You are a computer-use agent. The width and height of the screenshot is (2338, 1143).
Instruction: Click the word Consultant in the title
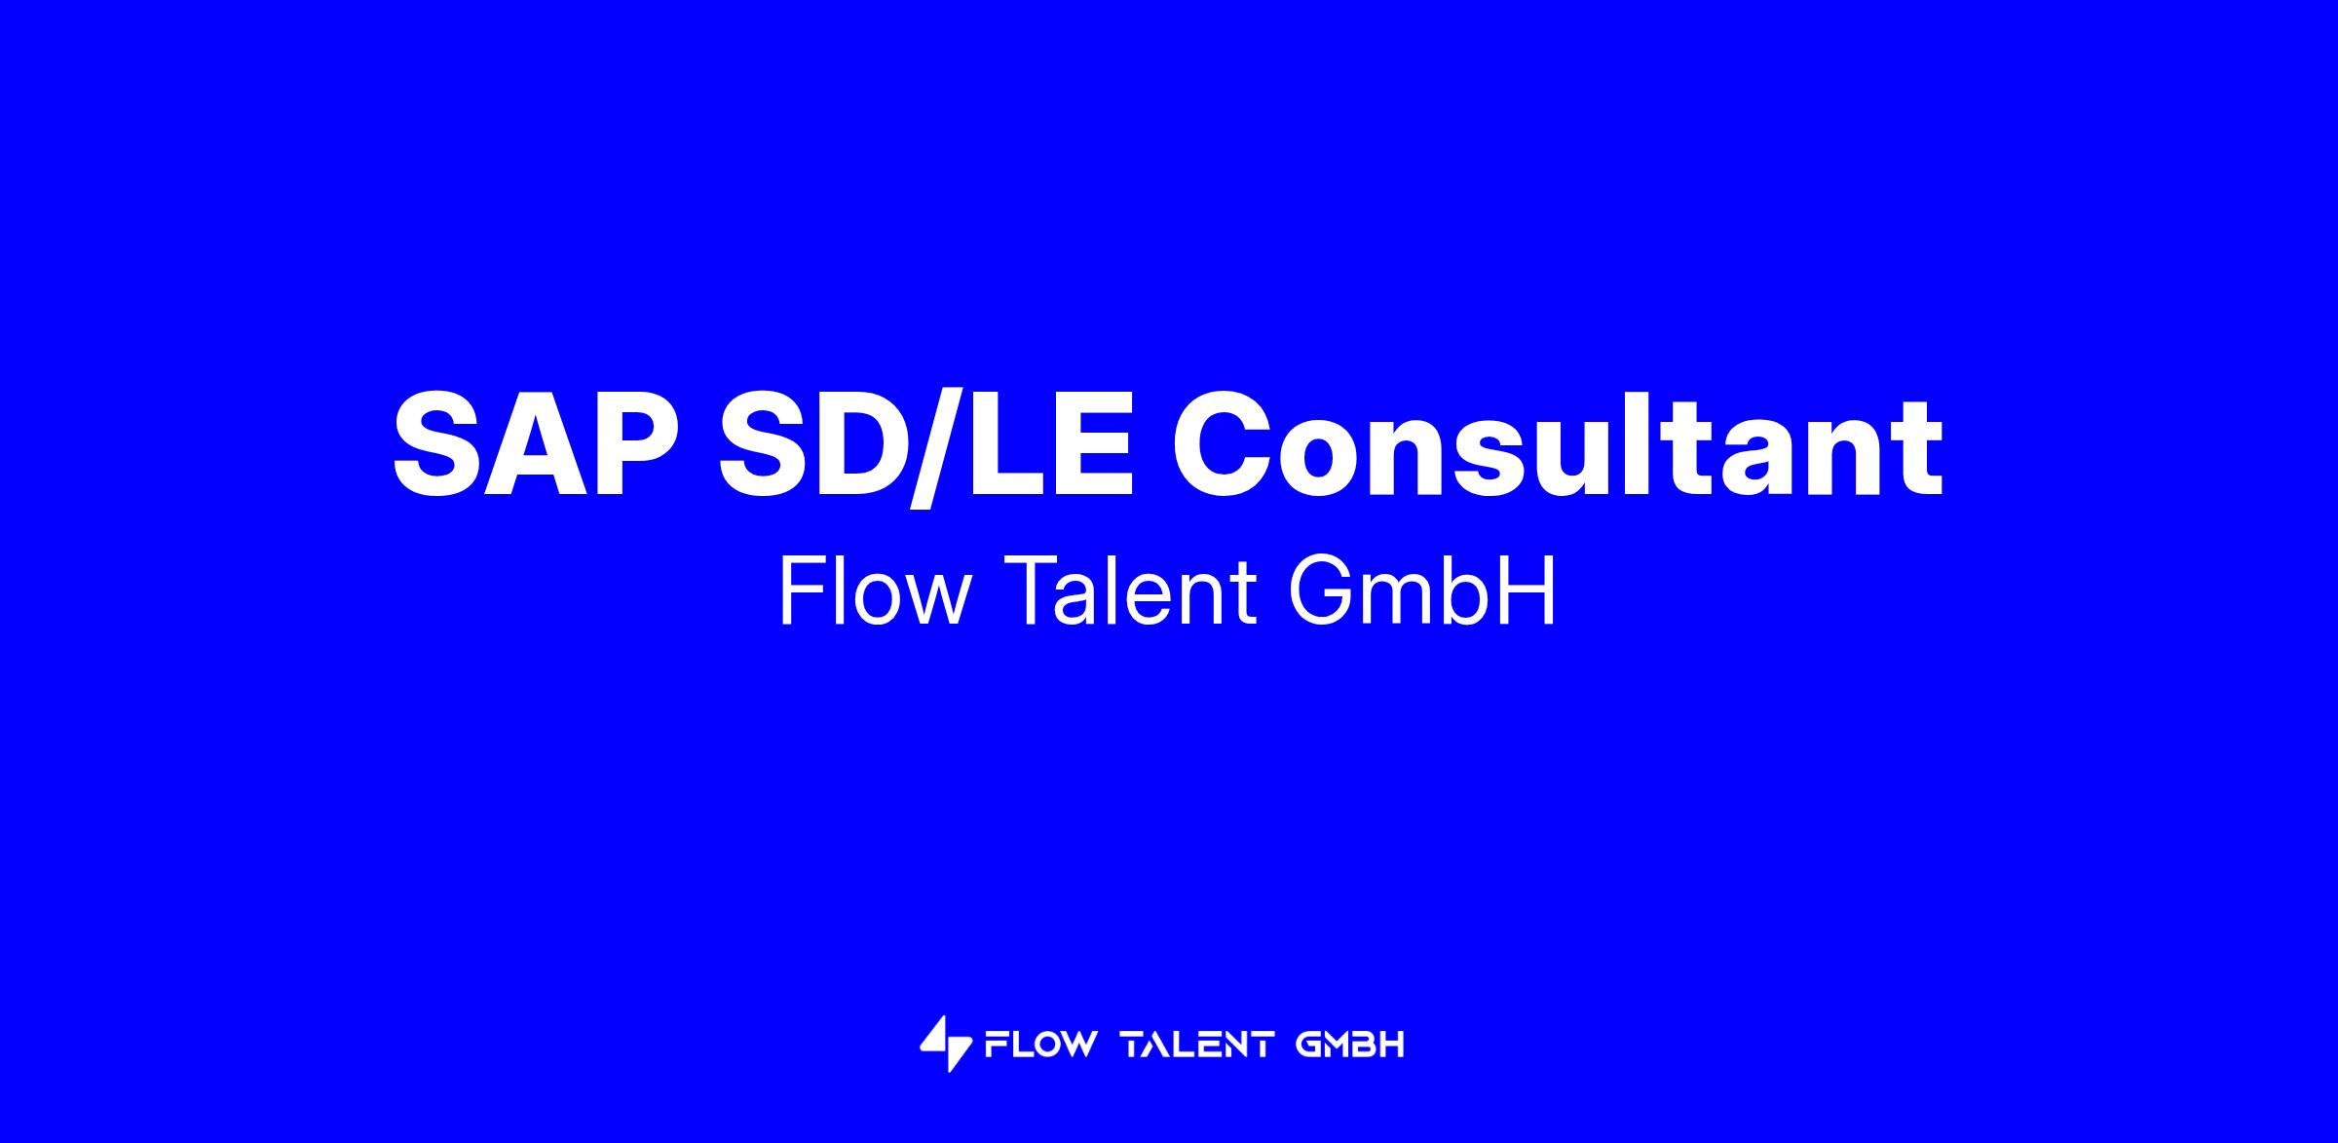tap(1557, 444)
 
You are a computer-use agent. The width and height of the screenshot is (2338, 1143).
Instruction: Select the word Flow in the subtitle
tap(875, 591)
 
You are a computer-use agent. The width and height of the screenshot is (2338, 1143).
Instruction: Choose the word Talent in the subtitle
tap(1127, 591)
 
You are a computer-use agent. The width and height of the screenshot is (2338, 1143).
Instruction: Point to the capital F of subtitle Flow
tap(803, 591)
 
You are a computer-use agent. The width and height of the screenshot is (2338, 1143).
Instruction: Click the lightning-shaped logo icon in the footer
tap(945, 1044)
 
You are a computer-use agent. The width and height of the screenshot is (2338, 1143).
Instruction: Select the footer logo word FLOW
tap(1040, 1045)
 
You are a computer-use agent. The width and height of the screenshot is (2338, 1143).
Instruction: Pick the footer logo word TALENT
tap(1198, 1045)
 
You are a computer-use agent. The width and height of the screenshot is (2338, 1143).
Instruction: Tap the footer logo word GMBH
tap(1351, 1045)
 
